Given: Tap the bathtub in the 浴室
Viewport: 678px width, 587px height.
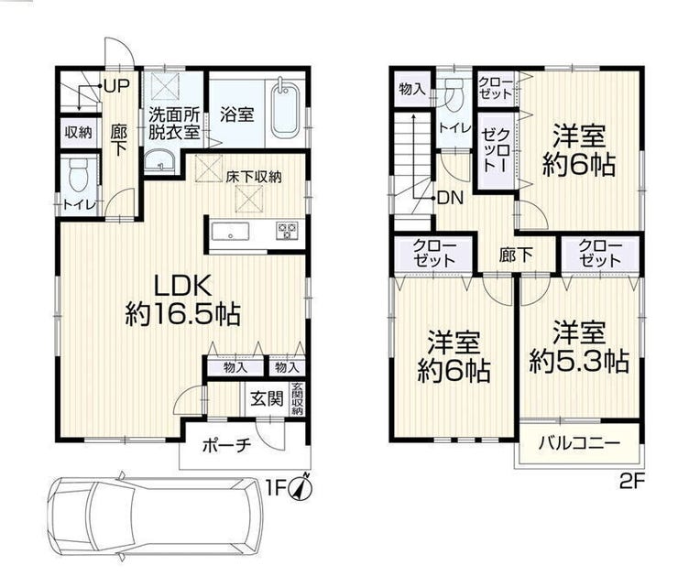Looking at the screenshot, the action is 285,108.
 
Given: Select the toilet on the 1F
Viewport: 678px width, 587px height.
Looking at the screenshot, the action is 79,175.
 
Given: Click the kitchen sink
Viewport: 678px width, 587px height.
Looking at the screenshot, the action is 230,232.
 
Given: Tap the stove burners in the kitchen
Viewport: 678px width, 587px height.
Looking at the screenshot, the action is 287,231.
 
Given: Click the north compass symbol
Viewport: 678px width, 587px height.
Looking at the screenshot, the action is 303,487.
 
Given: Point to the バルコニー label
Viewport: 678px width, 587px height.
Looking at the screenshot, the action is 579,443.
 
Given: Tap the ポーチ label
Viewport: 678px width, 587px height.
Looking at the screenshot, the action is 226,445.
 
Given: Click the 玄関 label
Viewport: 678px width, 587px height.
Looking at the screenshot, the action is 268,398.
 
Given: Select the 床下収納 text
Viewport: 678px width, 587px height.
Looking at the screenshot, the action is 254,177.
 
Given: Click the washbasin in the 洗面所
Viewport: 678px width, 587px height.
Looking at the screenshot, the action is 159,162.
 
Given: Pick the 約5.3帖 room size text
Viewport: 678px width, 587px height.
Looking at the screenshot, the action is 579,361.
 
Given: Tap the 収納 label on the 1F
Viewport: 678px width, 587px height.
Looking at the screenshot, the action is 78,132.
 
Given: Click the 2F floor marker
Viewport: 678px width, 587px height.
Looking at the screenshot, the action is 632,481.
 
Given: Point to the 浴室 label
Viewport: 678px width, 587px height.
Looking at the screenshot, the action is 236,114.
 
